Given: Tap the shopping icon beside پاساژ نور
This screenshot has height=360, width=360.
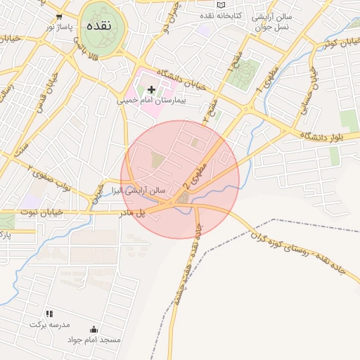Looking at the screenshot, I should click(x=58, y=15).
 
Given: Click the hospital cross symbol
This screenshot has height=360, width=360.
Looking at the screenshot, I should click(x=151, y=89).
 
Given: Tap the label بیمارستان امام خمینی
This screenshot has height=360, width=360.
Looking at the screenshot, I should click(x=151, y=101).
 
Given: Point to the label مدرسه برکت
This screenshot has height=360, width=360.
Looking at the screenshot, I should click(x=46, y=324).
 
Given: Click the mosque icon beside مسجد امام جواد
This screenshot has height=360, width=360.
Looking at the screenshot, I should click(x=94, y=329).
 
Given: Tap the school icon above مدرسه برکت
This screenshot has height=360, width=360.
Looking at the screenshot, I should click(x=49, y=314).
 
